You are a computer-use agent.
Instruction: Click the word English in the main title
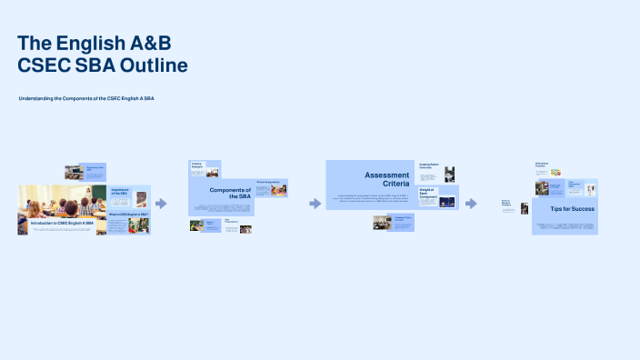[94, 43]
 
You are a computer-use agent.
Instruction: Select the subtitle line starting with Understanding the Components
[85, 98]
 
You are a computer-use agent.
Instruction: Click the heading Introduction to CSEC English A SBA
[62, 223]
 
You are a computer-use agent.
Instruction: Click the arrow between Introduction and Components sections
[161, 204]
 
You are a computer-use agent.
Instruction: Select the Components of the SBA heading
[230, 193]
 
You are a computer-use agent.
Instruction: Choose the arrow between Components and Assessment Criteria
[315, 204]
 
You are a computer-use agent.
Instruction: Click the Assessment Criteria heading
[388, 179]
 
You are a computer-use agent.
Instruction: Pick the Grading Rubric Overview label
[429, 166]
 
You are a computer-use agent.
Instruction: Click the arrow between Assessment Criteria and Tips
[471, 204]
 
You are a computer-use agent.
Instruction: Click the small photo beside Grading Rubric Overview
[449, 174]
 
